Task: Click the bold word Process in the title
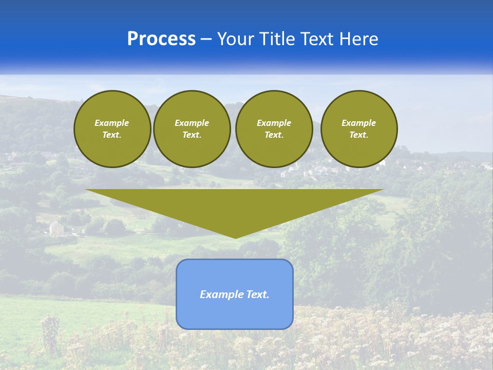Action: tap(161, 39)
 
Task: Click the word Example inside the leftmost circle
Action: tap(112, 123)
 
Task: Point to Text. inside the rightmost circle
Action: tap(358, 135)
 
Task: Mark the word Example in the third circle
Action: tap(274, 123)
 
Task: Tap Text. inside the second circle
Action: tap(192, 135)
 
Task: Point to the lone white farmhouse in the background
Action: tap(56, 228)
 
